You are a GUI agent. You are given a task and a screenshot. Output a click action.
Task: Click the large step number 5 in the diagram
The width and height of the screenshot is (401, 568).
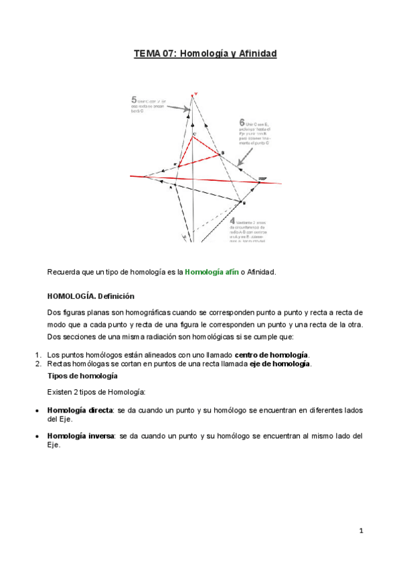[135, 100]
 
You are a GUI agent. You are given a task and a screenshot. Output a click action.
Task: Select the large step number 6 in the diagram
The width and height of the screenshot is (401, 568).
[241, 123]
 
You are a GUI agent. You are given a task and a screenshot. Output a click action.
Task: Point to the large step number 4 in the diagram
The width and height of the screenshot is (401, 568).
[232, 220]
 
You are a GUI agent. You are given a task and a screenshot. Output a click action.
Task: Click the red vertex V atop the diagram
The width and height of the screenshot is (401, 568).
[195, 94]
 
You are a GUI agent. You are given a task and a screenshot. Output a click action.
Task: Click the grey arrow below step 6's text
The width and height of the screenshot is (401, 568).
[245, 155]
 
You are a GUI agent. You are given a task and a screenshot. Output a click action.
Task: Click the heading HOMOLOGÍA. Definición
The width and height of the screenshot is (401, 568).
[90, 295]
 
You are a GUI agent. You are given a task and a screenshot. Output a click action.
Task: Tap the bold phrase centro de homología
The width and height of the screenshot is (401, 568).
[271, 354]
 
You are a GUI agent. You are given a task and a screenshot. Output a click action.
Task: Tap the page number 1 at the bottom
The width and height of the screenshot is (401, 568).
[361, 531]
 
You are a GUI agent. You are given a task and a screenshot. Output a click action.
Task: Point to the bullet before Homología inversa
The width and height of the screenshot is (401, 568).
[36, 435]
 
